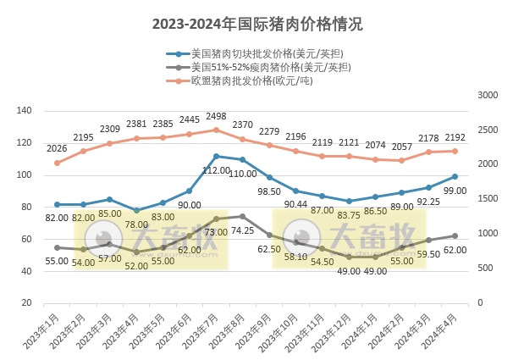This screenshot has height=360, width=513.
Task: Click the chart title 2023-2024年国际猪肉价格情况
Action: coord(256,25)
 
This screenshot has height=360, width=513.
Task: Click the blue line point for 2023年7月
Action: coord(216,156)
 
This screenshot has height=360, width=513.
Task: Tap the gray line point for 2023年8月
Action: coord(242,216)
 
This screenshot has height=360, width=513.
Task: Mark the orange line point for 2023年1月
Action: coord(58,163)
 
